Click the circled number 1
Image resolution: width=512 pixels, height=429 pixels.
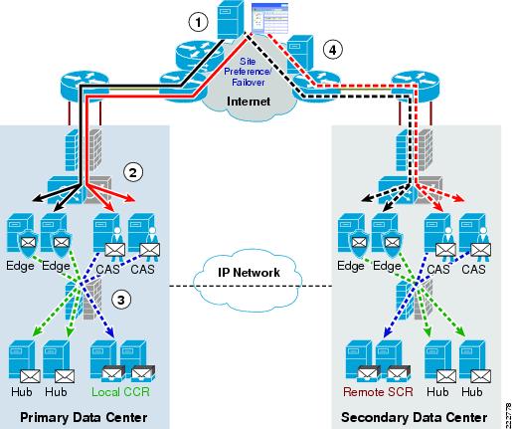coord(198,22)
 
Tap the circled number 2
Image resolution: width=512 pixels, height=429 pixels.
coord(133,172)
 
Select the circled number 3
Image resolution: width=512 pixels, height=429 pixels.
coord(121,300)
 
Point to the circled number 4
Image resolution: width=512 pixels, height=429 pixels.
coord(332,50)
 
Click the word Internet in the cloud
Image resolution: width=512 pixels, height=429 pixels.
coord(249,102)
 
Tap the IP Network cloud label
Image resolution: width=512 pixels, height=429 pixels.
coord(249,272)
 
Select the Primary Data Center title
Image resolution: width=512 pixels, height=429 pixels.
coord(84,417)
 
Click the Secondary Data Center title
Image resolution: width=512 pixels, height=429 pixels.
coord(415,417)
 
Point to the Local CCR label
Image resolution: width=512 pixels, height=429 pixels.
coord(120,392)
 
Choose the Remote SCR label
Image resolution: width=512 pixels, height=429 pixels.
coord(378,392)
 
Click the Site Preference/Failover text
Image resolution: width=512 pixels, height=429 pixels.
coord(248,72)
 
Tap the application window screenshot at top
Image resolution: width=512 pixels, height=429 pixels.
coord(269,18)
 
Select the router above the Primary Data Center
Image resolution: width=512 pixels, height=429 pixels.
coord(85,85)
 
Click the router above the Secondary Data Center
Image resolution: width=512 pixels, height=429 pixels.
coord(416,86)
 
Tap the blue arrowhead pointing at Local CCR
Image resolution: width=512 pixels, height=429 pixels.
coord(110,331)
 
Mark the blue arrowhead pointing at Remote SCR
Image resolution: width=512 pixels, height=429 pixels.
coord(387,331)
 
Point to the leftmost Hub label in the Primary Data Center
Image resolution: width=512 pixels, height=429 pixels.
coord(22,392)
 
